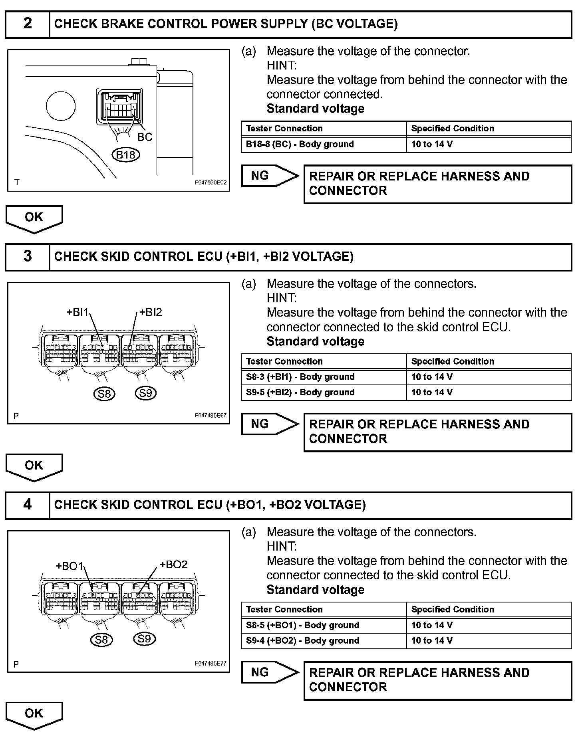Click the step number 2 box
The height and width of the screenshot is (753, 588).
point(27,24)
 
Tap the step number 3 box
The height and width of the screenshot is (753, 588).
point(27,256)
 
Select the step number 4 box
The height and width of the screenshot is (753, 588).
point(27,505)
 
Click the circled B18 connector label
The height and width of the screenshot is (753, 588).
point(125,155)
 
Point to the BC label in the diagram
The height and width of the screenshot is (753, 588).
point(145,137)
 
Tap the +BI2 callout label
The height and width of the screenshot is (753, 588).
point(151,312)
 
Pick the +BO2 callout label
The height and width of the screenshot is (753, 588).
point(173,565)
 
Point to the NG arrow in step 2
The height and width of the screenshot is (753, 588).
point(270,176)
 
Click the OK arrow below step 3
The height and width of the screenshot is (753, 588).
point(34,466)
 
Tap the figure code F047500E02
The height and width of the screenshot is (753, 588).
point(211,182)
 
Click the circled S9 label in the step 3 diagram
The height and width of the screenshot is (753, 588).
point(145,394)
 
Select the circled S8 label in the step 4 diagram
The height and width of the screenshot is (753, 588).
point(101,640)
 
